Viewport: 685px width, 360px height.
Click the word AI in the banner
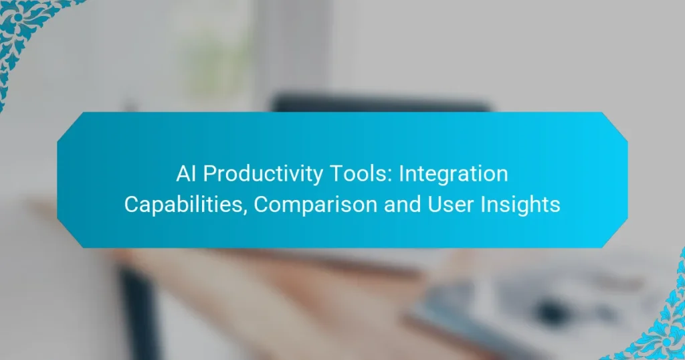[x=188, y=174]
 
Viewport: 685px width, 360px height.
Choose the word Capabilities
[x=184, y=205]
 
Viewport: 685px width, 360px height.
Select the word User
[x=447, y=205]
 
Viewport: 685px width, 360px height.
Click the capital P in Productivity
[x=209, y=174]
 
